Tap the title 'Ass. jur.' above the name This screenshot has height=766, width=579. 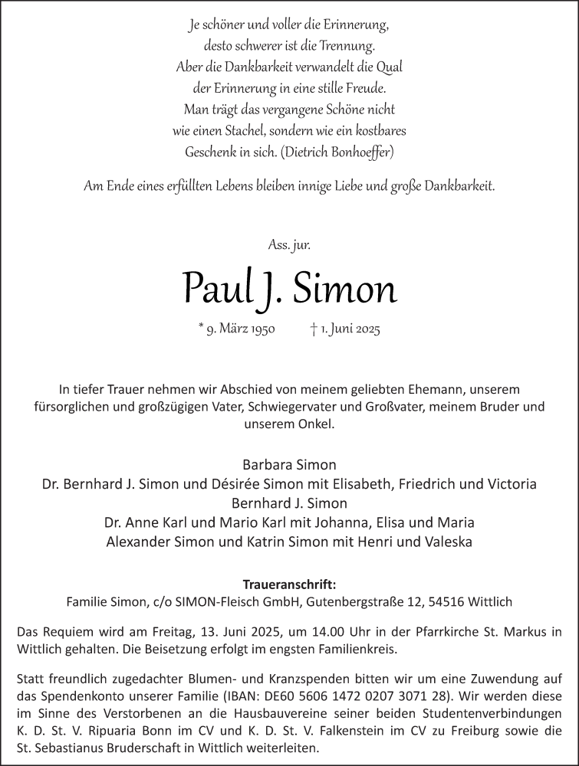[x=289, y=245]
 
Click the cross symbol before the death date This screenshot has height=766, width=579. [x=314, y=329]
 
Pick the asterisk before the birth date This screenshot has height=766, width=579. [x=201, y=328]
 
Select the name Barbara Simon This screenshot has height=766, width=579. [x=289, y=464]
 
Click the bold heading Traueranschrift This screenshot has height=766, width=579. [x=289, y=583]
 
